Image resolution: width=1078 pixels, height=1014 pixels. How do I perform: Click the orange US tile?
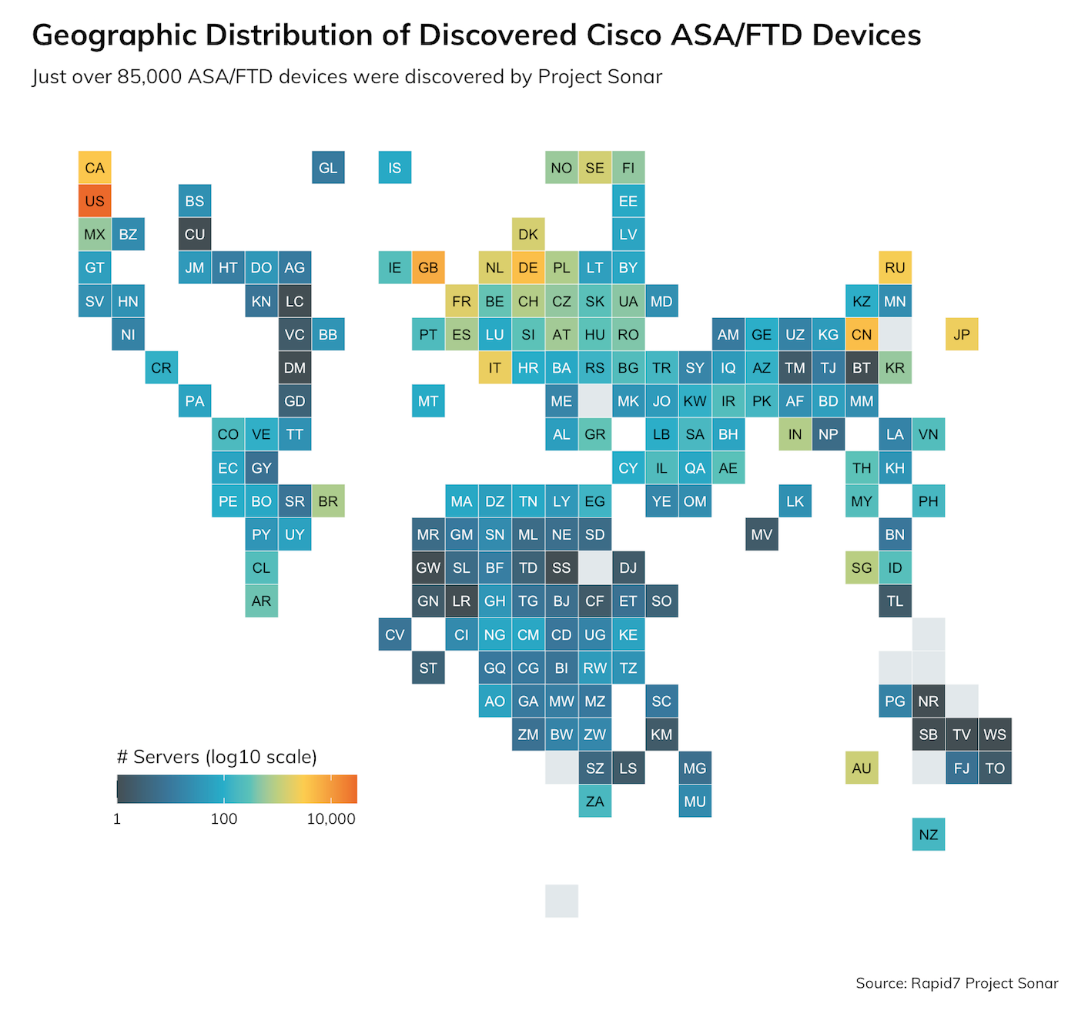click(95, 201)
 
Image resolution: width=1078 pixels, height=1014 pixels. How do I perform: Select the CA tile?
click(95, 168)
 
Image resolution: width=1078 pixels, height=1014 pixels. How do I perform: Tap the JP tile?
click(962, 334)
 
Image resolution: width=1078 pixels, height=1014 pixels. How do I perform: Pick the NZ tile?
click(928, 835)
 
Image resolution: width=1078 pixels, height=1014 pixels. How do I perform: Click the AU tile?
click(862, 768)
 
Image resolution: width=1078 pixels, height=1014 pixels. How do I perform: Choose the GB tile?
click(428, 268)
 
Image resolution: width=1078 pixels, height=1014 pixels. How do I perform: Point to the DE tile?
click(528, 268)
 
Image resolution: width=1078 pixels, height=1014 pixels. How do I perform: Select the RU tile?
click(895, 268)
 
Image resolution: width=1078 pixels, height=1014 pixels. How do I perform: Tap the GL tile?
click(328, 168)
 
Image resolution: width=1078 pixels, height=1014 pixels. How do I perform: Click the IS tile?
click(395, 168)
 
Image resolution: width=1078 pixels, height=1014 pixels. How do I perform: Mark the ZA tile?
click(594, 801)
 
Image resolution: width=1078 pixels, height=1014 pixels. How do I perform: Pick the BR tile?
click(328, 501)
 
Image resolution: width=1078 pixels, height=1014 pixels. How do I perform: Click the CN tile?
click(862, 334)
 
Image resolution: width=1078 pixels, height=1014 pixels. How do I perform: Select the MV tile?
click(762, 534)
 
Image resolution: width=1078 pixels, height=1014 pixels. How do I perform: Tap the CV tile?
click(395, 634)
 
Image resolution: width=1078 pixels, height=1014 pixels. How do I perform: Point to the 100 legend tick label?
click(224, 819)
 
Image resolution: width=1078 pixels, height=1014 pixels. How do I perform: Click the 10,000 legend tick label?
click(331, 819)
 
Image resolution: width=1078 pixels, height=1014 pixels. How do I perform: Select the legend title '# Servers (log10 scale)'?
click(216, 757)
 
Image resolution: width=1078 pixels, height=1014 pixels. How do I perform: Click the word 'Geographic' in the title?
click(114, 35)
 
